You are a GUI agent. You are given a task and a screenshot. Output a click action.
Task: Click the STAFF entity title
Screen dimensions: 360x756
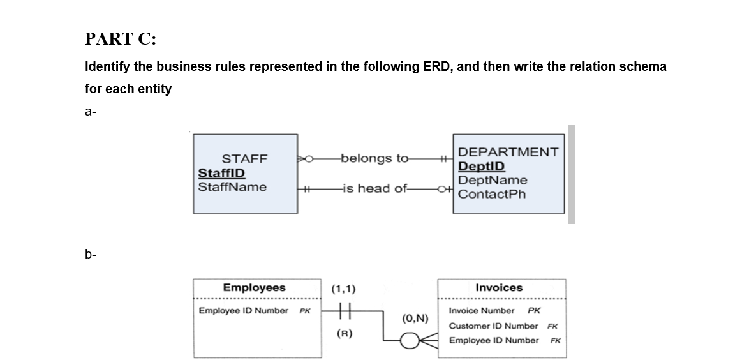tap(244, 159)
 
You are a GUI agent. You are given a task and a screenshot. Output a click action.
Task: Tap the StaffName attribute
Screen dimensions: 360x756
tap(232, 187)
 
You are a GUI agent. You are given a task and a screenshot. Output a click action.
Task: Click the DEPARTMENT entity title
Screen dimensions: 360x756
tap(508, 152)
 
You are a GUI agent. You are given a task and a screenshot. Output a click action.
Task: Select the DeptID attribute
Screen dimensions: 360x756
tap(482, 166)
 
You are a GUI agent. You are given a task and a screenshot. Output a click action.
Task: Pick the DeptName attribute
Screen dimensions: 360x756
tap(493, 180)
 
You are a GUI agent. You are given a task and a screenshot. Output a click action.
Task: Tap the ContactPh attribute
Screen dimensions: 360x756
tap(492, 194)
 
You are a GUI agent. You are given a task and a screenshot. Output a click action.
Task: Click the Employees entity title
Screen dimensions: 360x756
tap(254, 288)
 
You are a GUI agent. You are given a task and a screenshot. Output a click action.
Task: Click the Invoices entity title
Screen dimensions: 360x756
tap(499, 288)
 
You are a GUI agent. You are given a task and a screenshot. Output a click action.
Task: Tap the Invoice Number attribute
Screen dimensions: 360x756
tap(482, 311)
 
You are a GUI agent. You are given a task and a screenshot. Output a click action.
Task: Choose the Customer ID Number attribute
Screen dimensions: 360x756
tap(493, 326)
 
